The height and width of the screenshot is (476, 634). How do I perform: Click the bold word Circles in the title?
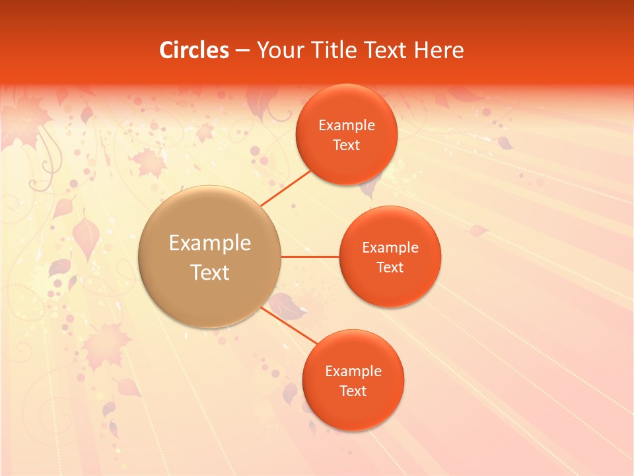coord(194,50)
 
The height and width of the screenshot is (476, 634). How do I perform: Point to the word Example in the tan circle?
coord(210,243)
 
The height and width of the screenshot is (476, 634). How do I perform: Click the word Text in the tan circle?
coord(210,272)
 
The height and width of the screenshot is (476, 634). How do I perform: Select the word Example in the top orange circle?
coord(347,126)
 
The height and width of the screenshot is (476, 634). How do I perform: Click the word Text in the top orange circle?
coord(347,145)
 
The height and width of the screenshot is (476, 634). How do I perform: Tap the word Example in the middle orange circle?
coord(390,248)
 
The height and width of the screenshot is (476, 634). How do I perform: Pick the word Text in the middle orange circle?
coord(390,268)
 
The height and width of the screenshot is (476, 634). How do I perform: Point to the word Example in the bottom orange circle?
coord(353,372)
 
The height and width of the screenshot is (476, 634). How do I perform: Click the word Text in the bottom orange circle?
coord(353,391)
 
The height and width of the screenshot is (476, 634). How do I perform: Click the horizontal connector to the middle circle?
coord(310,257)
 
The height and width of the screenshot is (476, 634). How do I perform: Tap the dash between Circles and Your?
coord(242,51)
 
